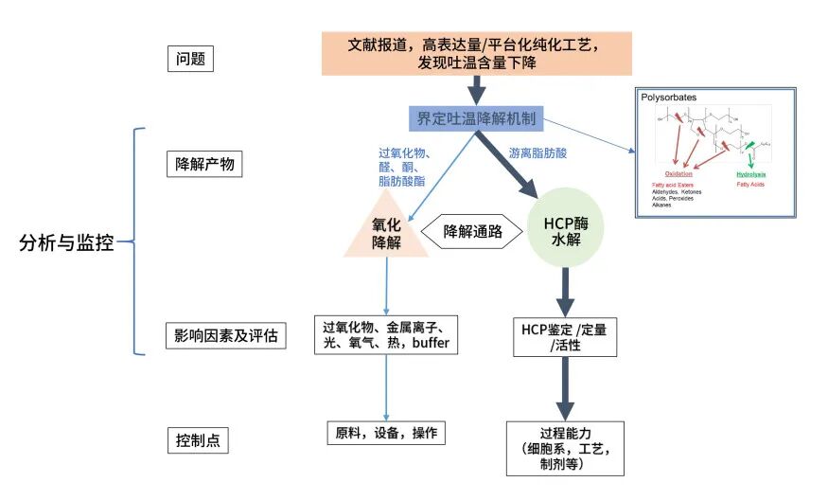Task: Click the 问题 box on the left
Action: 189,60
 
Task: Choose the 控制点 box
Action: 199,440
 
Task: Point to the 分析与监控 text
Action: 66,242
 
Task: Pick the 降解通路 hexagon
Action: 472,230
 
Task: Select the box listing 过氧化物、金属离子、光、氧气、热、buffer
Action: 386,334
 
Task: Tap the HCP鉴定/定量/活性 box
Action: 565,338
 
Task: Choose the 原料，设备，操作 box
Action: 385,433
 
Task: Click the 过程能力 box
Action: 565,448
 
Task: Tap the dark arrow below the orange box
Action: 477,89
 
